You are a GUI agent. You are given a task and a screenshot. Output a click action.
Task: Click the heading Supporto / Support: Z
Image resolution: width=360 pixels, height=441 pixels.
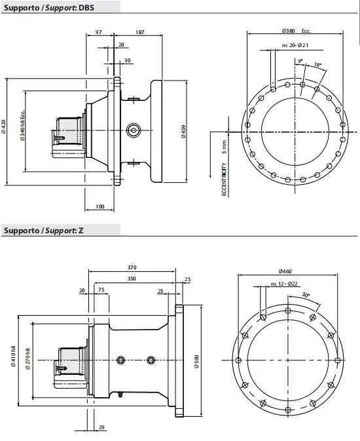point(44,230)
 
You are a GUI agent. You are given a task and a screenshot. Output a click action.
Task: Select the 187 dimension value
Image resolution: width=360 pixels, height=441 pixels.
point(140,31)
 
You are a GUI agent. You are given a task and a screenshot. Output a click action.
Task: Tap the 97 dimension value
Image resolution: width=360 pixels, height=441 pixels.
point(99,31)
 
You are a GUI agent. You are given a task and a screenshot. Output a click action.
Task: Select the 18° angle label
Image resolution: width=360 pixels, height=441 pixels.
point(317,65)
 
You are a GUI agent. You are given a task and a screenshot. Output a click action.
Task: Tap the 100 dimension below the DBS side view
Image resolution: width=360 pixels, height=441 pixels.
point(99,206)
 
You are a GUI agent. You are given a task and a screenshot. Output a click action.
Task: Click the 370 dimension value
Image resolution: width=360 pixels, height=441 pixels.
point(132,267)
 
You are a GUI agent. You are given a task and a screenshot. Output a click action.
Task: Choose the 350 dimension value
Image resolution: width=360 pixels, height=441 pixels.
point(132,278)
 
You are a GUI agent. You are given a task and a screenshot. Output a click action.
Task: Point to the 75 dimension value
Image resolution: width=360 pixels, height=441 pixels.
point(101,290)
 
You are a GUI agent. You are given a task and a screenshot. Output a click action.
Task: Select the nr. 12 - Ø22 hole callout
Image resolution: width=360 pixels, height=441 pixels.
point(283,284)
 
